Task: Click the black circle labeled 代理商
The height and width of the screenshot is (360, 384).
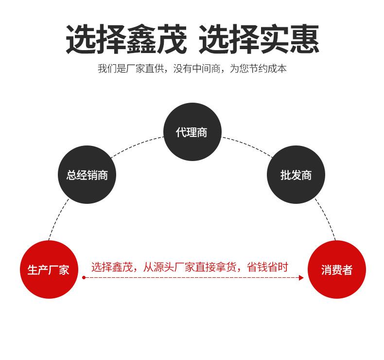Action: click(192, 132)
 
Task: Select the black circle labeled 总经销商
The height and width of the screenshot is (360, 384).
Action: click(87, 175)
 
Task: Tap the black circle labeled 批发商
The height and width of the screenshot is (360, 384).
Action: click(296, 175)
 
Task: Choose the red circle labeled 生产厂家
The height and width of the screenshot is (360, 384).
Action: click(49, 270)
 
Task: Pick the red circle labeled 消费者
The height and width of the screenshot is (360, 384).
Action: click(336, 270)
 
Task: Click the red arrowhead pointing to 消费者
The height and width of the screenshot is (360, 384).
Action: click(301, 278)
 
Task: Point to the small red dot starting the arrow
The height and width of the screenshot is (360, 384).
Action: click(84, 278)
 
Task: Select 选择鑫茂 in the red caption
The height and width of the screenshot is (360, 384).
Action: click(112, 267)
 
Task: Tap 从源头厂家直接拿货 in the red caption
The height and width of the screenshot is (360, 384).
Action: click(190, 267)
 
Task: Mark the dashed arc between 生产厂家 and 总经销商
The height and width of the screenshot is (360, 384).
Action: click(57, 219)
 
